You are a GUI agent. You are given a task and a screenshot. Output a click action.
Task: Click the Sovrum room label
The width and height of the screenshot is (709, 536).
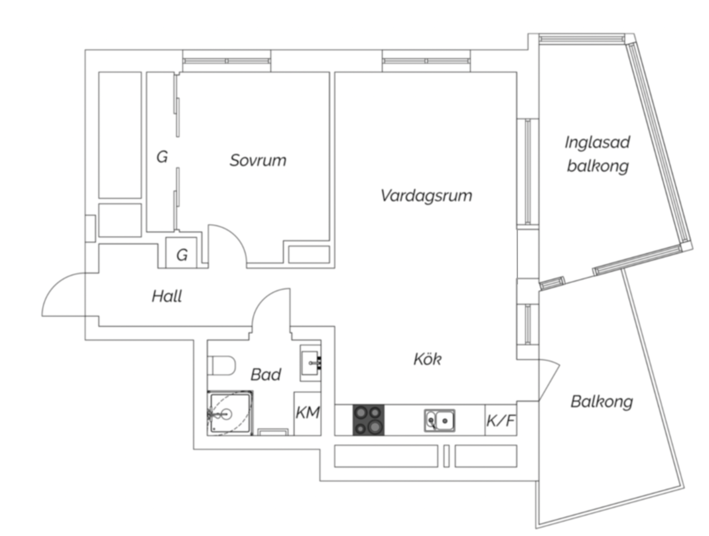tap(258, 160)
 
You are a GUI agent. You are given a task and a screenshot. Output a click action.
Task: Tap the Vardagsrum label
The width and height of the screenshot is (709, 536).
tap(426, 196)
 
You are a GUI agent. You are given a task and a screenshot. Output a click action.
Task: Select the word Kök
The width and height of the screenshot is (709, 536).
tap(427, 359)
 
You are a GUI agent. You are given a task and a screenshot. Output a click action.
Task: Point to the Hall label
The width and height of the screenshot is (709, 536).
tap(167, 296)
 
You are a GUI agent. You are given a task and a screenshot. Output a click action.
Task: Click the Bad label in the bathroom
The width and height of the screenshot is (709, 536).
tap(266, 375)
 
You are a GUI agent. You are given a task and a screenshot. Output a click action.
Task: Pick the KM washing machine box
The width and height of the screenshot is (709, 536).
tap(307, 413)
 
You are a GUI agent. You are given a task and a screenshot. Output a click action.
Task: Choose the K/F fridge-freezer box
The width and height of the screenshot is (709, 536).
tap(500, 420)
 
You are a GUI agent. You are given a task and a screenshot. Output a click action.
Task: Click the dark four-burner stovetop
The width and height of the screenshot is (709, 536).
tap(368, 420)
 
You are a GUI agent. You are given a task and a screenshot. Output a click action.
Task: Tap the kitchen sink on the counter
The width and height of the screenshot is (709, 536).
tap(439, 420)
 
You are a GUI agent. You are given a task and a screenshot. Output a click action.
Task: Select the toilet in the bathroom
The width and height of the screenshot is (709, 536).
tap(221, 365)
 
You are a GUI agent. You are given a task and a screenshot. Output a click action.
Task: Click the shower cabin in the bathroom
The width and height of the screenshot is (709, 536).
tap(230, 413)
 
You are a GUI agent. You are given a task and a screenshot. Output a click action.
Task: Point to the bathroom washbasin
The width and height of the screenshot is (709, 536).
tap(311, 363)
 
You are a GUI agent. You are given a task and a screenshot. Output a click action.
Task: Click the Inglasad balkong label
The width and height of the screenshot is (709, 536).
tap(598, 154)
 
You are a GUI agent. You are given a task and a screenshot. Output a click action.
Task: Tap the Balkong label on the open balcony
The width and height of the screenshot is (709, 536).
tap(602, 402)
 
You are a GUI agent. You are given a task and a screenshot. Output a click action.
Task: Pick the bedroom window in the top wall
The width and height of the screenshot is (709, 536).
tap(226, 61)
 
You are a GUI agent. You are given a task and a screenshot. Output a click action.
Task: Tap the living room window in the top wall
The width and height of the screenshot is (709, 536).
tap(426, 61)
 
